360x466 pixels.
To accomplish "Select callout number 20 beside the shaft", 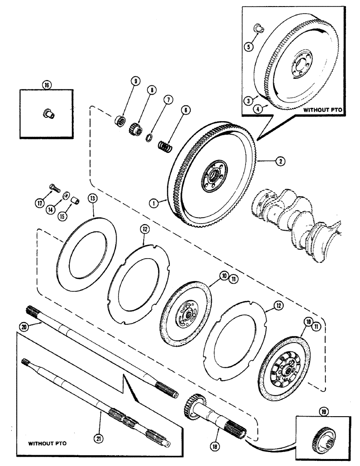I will pyautogui.click(x=24, y=327).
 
